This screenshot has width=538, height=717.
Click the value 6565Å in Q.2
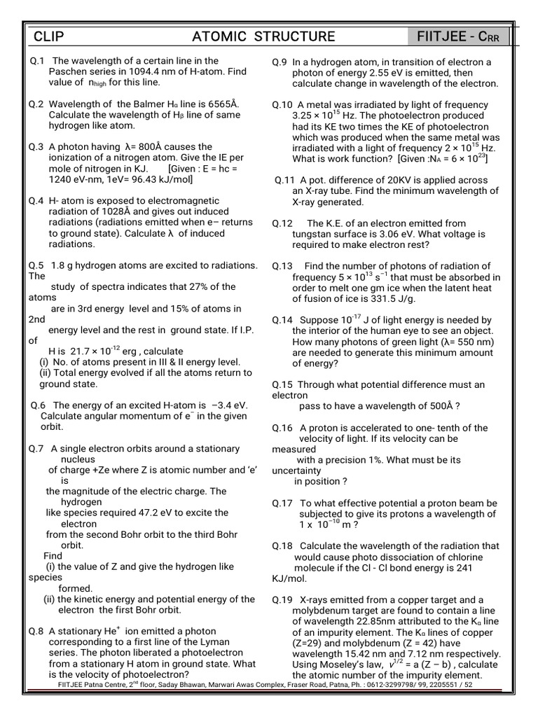pos(219,104)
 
